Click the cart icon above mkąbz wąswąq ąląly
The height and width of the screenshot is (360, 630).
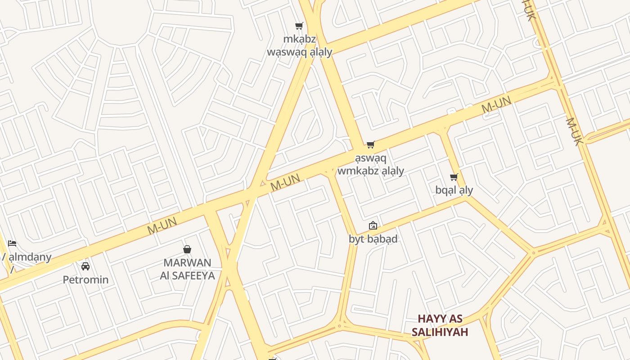point(299,26)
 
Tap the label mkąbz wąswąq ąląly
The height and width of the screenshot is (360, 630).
point(299,45)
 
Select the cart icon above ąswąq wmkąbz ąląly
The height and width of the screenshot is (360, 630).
point(370,144)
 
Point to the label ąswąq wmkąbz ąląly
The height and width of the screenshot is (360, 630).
point(370,165)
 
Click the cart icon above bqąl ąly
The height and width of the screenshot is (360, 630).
point(454,177)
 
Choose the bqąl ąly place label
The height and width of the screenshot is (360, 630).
point(454,190)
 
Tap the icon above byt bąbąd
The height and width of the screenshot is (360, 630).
point(373,225)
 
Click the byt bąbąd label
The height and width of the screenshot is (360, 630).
point(373,238)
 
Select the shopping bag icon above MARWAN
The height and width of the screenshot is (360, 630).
point(187,249)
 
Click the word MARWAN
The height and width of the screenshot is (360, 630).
point(187,262)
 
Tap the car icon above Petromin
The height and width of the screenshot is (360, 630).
point(85,266)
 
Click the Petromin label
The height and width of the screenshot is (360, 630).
point(85,279)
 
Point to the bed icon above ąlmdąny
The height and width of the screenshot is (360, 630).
point(12,243)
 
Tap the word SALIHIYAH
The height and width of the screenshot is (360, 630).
point(440,332)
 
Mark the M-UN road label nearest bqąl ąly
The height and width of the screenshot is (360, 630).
point(496,105)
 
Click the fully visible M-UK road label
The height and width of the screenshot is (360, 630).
point(574,131)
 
